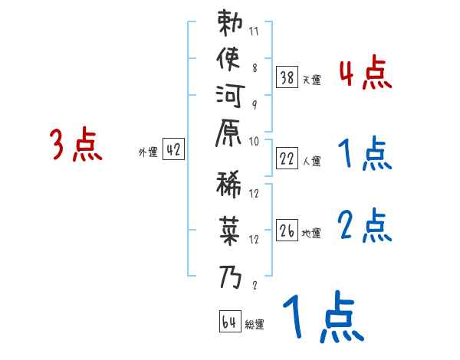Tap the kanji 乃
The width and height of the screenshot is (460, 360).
tap(230, 274)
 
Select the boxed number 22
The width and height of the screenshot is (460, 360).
tap(287, 158)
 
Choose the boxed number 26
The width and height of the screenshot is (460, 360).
tap(287, 231)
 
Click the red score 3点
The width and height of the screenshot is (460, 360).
tap(76, 145)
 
